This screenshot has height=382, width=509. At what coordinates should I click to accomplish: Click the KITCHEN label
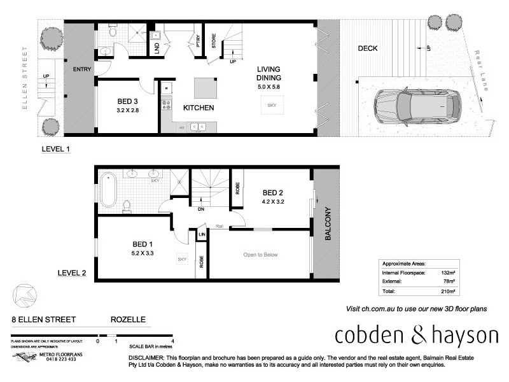click(199, 108)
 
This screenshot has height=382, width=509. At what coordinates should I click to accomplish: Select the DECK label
click(368, 48)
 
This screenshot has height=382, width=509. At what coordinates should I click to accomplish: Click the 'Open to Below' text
click(260, 255)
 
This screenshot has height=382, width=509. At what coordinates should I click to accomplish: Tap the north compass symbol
click(24, 294)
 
